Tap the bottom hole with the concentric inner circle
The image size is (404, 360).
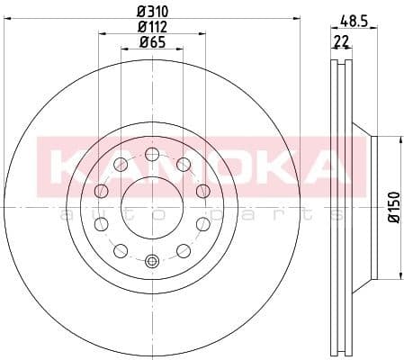click(150, 262)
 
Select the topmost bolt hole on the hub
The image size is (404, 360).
click(150, 153)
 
